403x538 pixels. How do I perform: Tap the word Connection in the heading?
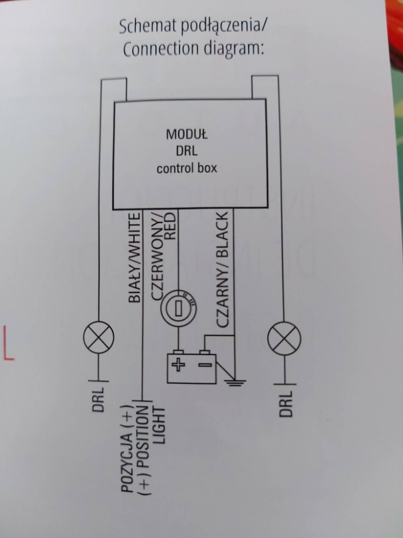click(156, 50)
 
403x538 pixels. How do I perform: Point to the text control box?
click(186, 168)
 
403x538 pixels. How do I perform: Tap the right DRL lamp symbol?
click(284, 338)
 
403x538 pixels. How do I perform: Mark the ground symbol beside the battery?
click(235, 383)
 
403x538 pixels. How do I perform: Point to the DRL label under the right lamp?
click(286, 403)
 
